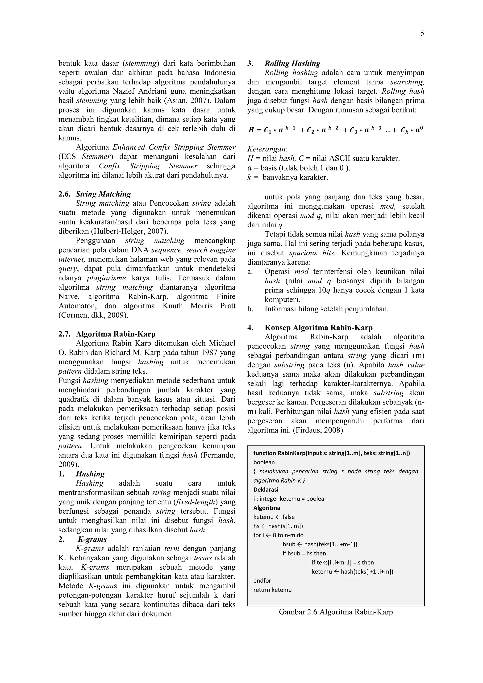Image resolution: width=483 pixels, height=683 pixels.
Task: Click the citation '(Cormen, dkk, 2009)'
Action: (93, 315)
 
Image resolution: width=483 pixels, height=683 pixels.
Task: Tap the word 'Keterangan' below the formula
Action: (267, 149)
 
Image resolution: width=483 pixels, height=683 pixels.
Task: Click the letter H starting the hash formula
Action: (251, 130)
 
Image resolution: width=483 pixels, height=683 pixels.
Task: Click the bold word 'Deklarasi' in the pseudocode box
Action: (266, 489)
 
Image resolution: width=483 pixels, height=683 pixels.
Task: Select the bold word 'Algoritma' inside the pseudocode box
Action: (266, 508)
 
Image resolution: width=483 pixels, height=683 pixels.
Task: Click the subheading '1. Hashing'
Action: (90, 474)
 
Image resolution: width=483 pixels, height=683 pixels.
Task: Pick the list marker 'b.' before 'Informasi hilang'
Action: (250, 309)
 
